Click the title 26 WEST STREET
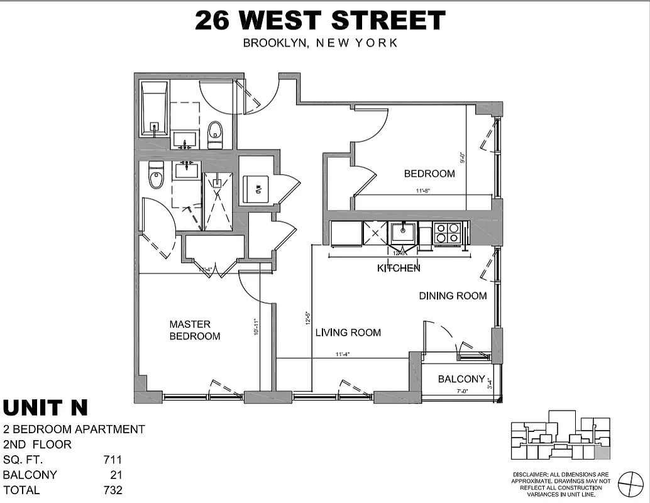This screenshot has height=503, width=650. [x=320, y=21]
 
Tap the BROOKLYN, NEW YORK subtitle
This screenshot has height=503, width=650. [x=320, y=43]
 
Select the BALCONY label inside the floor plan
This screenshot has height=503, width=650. [x=461, y=379]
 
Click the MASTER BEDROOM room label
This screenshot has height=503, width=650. [x=195, y=330]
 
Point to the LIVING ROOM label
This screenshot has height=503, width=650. [x=348, y=333]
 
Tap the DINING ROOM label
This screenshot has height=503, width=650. [x=453, y=296]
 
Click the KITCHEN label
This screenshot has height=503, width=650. [x=399, y=268]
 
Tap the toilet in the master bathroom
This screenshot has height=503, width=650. [x=156, y=176]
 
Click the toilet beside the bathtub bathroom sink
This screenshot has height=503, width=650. [x=215, y=134]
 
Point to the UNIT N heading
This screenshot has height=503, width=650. [x=45, y=408]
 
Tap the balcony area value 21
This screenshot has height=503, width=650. [x=116, y=475]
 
